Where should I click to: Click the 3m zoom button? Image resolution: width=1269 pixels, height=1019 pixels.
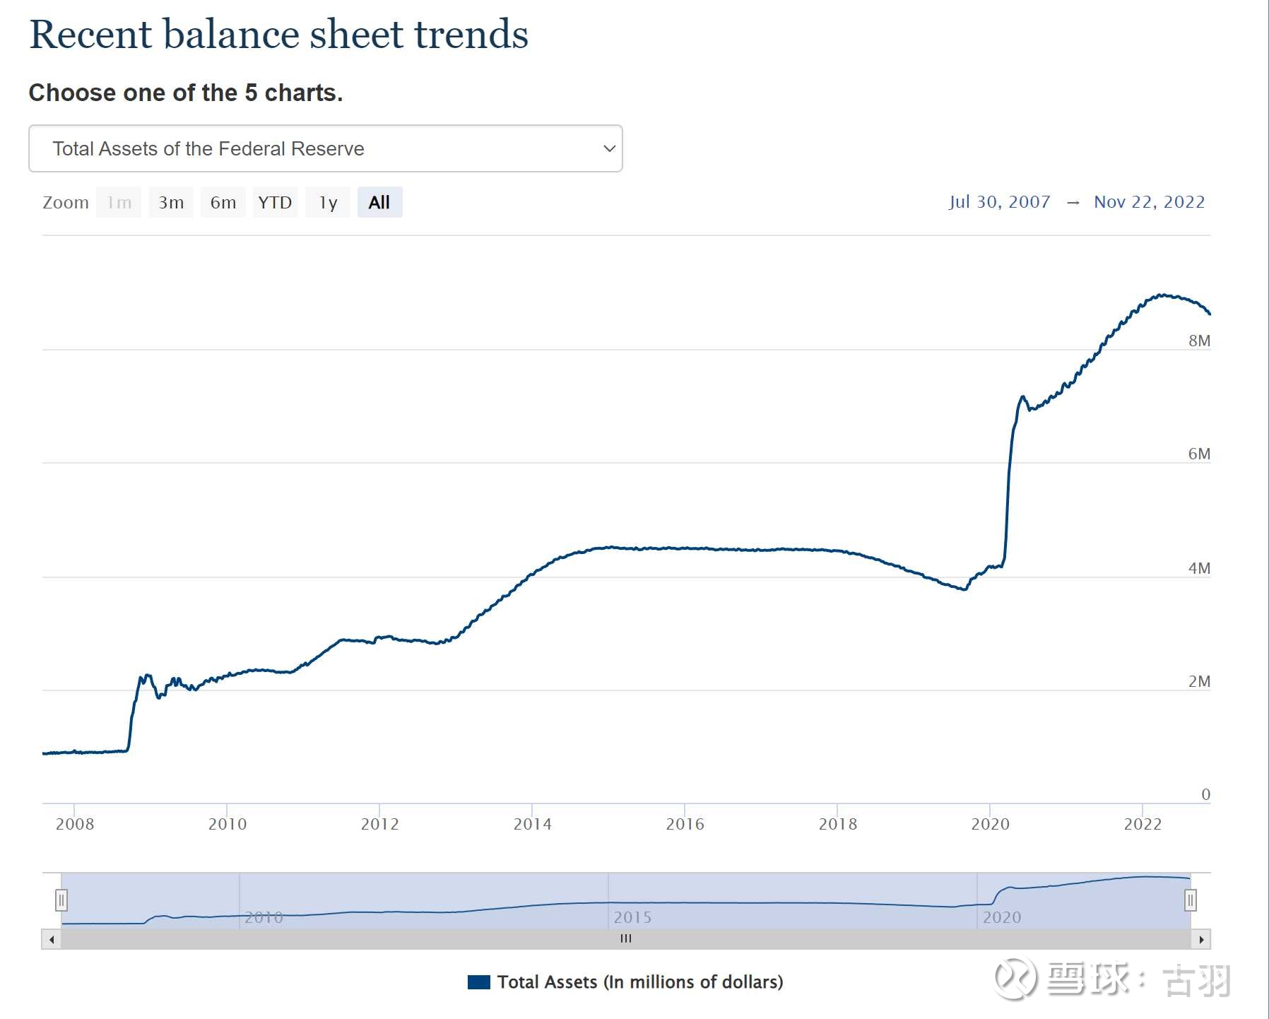(x=171, y=203)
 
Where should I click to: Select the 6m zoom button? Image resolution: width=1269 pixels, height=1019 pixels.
(x=223, y=203)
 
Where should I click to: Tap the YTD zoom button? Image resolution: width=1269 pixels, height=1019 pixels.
(x=275, y=203)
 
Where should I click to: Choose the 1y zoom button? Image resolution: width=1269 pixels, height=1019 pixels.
(x=328, y=203)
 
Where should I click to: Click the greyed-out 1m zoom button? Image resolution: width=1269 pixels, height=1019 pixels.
(x=119, y=203)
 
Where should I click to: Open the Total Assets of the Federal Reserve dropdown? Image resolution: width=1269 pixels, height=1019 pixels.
(x=325, y=148)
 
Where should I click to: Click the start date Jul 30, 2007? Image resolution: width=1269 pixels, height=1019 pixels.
(x=999, y=202)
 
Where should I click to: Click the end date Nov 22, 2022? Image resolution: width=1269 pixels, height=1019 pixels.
(x=1149, y=202)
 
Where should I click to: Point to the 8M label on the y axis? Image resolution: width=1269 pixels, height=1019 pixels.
(x=1199, y=341)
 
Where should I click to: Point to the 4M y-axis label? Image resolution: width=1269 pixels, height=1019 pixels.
(x=1199, y=568)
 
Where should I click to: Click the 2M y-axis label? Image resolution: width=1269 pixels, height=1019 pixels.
(x=1199, y=681)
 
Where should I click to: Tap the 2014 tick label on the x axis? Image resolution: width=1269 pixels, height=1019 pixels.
(x=532, y=824)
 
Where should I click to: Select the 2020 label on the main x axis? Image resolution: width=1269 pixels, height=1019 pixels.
(x=990, y=824)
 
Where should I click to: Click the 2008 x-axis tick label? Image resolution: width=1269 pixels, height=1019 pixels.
(x=74, y=824)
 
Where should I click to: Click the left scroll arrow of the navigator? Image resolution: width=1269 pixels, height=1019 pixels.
(x=52, y=939)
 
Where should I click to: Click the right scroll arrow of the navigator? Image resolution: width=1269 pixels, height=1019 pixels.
(x=1201, y=939)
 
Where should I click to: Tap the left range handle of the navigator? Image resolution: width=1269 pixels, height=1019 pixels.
(x=61, y=900)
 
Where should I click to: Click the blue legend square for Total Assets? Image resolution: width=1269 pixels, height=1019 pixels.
(x=479, y=982)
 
